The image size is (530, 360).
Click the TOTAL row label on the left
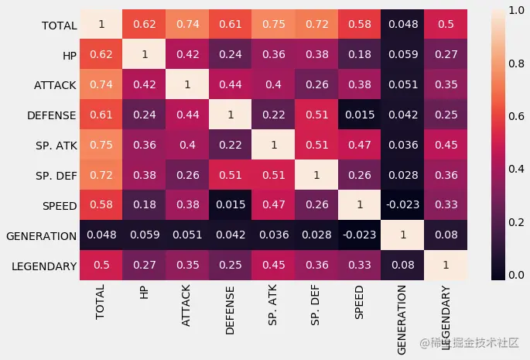[58, 26]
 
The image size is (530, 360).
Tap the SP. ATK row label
[55, 146]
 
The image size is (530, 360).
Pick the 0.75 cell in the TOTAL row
[272, 25]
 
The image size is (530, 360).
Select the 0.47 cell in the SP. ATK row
[359, 146]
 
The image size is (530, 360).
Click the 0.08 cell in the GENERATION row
[446, 235]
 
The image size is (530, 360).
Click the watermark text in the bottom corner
[470, 342]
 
